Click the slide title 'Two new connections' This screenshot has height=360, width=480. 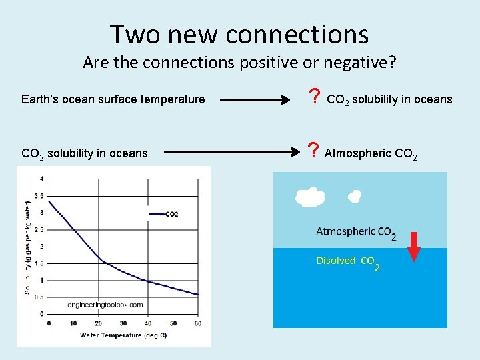239,33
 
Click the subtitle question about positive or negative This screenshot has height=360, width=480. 239,63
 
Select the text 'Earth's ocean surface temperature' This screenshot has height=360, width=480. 113,99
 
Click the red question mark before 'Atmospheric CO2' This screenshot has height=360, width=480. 313,153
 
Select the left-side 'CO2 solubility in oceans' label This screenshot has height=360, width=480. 85,153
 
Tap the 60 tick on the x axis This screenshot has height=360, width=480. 198,323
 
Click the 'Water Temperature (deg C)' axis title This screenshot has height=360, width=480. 123,335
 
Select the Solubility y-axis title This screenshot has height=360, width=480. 27,247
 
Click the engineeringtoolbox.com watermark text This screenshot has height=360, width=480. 105,304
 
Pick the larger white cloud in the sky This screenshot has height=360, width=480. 309,197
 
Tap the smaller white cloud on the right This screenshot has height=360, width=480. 355,196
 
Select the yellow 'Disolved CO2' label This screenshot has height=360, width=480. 348,262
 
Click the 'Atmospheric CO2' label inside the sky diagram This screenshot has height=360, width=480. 355,233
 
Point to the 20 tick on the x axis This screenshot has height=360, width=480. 98,323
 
